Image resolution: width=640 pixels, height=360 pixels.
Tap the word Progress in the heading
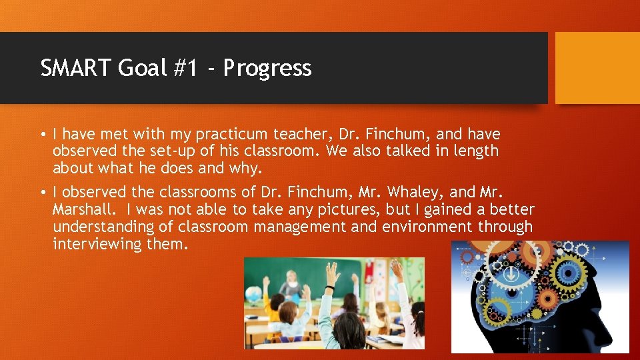tap(267, 68)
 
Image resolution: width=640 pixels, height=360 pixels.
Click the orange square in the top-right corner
tap(597, 68)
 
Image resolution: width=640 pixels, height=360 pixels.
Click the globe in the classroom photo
tap(253, 294)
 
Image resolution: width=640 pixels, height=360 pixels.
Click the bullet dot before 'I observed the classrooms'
tap(43, 193)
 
